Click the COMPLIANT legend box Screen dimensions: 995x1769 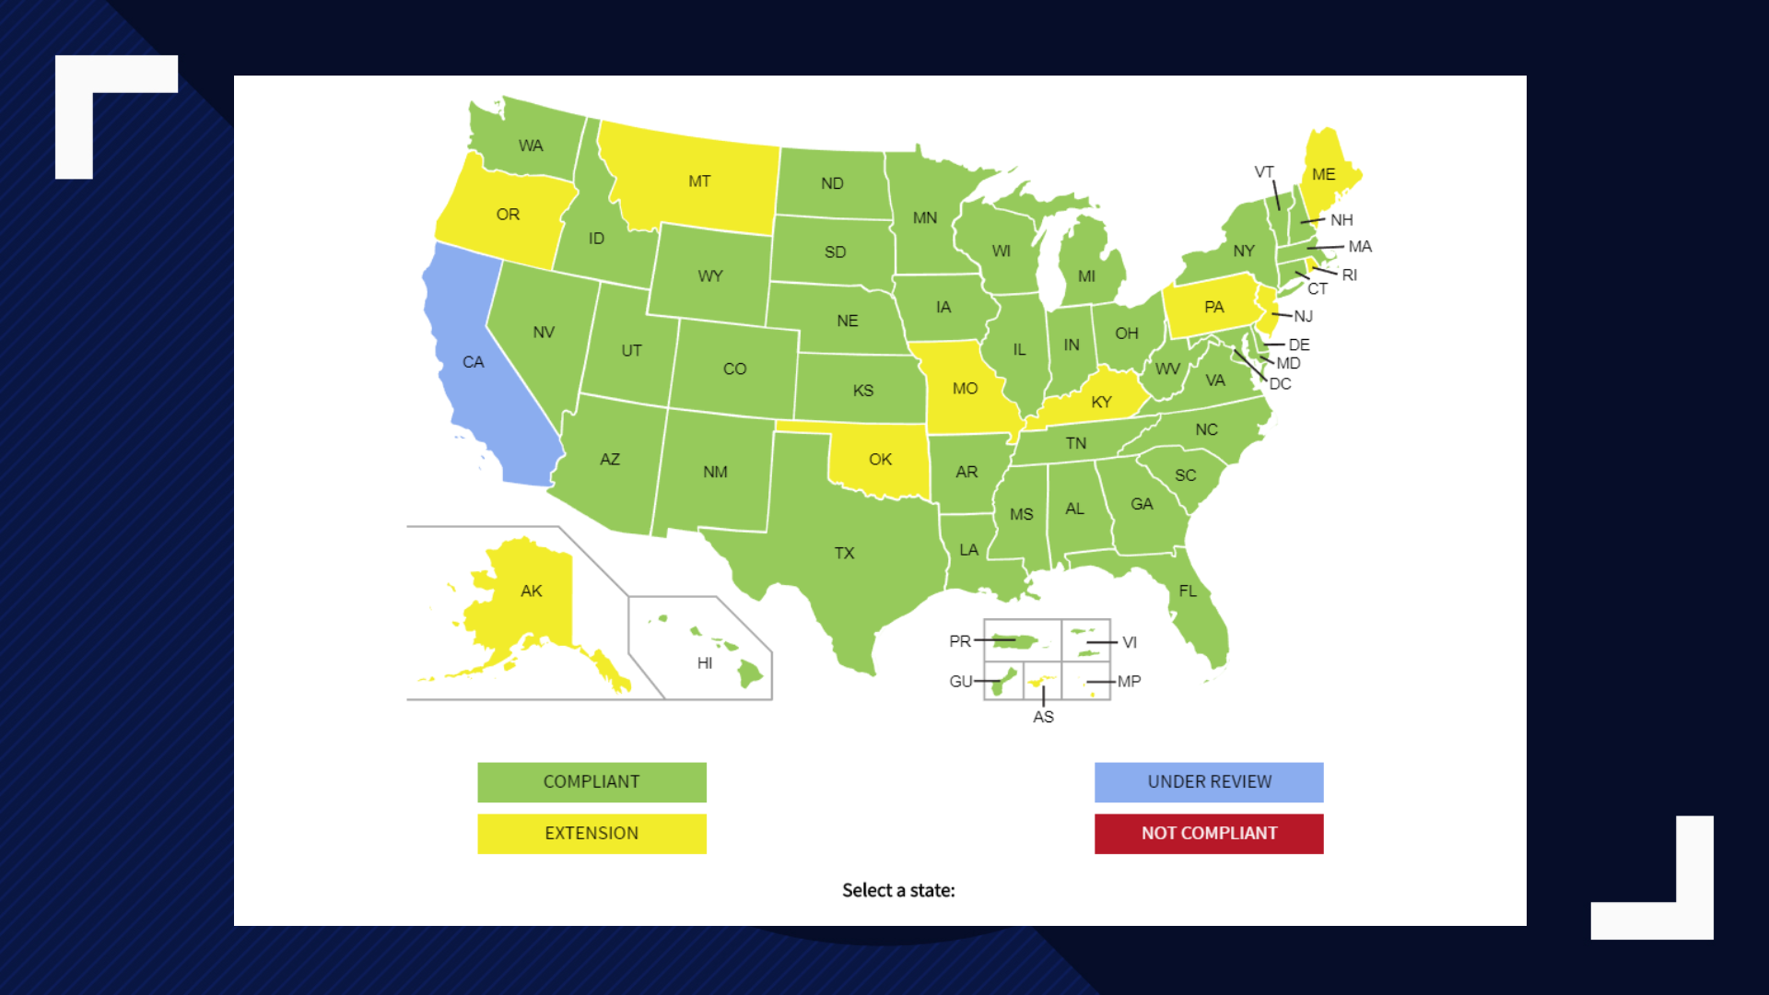coord(592,781)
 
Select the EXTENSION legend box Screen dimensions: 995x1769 coord(592,833)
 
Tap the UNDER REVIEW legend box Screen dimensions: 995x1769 coord(1209,781)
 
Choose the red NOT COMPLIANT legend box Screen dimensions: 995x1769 coord(1209,833)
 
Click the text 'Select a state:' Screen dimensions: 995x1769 coord(898,890)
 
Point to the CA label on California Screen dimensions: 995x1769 coord(473,362)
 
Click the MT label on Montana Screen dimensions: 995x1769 coord(699,181)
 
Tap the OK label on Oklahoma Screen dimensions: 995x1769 coord(880,459)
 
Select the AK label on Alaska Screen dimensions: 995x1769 coord(531,591)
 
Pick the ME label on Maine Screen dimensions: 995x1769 coord(1323,174)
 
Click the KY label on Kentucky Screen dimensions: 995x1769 coord(1101,403)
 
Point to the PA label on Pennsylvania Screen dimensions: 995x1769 coord(1213,307)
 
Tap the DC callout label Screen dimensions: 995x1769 coord(1280,384)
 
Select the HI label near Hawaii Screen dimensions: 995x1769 coord(705,663)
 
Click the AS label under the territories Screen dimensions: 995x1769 coord(1043,717)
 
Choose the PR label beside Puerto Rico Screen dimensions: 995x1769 coord(959,641)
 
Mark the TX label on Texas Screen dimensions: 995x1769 coord(844,553)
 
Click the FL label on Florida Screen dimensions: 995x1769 coord(1188,591)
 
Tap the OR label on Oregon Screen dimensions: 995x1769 coord(508,215)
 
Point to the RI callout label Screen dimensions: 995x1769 coord(1349,275)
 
